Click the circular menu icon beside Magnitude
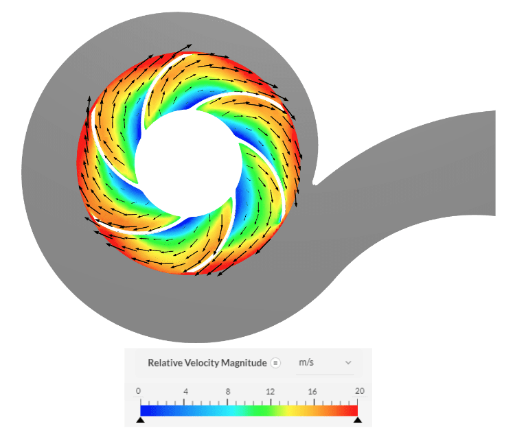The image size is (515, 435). click(275, 362)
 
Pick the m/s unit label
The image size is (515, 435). click(306, 362)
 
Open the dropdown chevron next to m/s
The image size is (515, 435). click(348, 362)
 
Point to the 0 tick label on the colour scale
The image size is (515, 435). click(139, 391)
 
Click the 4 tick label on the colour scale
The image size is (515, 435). click(185, 391)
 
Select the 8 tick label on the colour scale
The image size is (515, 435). click(228, 391)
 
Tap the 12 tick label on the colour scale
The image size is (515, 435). click(271, 391)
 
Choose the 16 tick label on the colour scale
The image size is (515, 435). click(314, 391)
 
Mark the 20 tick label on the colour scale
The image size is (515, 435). click(358, 391)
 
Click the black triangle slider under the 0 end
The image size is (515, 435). click(140, 419)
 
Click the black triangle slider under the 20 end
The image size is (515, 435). click(358, 419)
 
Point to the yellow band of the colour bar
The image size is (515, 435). click(295, 410)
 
